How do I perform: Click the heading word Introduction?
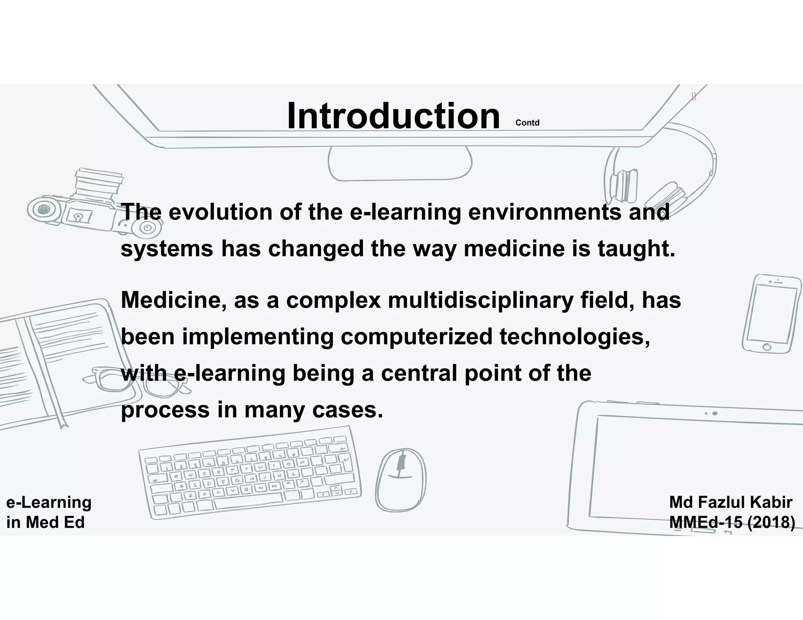[x=393, y=116]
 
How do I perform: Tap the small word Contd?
[x=527, y=123]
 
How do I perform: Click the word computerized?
[x=416, y=337]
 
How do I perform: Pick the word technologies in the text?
[x=574, y=337]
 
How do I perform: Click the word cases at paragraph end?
[x=347, y=410]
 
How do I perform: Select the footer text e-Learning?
[x=49, y=502]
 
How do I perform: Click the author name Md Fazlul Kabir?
[x=730, y=502]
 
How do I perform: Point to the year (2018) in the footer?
[x=771, y=522]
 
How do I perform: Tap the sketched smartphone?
[x=771, y=314]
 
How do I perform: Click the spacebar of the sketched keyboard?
[x=248, y=501]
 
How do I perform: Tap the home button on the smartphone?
[x=767, y=347]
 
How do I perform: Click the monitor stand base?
[x=400, y=163]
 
